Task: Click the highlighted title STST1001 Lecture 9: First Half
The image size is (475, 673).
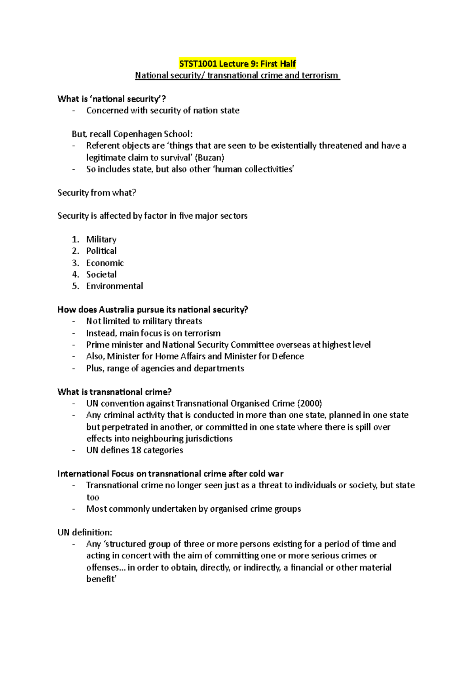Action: pos(237,63)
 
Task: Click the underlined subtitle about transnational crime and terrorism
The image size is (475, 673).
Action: pos(237,75)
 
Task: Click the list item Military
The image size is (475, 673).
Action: pos(101,239)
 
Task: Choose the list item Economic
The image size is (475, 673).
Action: pos(105,263)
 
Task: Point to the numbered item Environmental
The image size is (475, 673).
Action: pos(114,286)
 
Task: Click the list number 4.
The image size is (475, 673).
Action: pos(75,274)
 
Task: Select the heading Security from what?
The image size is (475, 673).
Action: pos(97,193)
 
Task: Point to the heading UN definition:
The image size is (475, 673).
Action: pos(85,532)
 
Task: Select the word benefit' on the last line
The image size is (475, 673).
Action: pos(101,579)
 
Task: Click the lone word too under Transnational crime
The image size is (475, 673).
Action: pos(93,497)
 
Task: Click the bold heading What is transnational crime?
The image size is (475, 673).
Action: pos(114,392)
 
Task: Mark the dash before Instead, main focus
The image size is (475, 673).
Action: pos(73,333)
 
